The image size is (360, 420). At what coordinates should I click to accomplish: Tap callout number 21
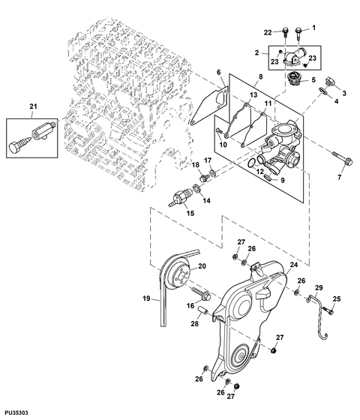(x=31, y=108)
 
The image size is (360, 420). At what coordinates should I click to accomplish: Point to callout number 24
(x=294, y=265)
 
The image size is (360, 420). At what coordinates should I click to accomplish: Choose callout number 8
(x=261, y=77)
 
